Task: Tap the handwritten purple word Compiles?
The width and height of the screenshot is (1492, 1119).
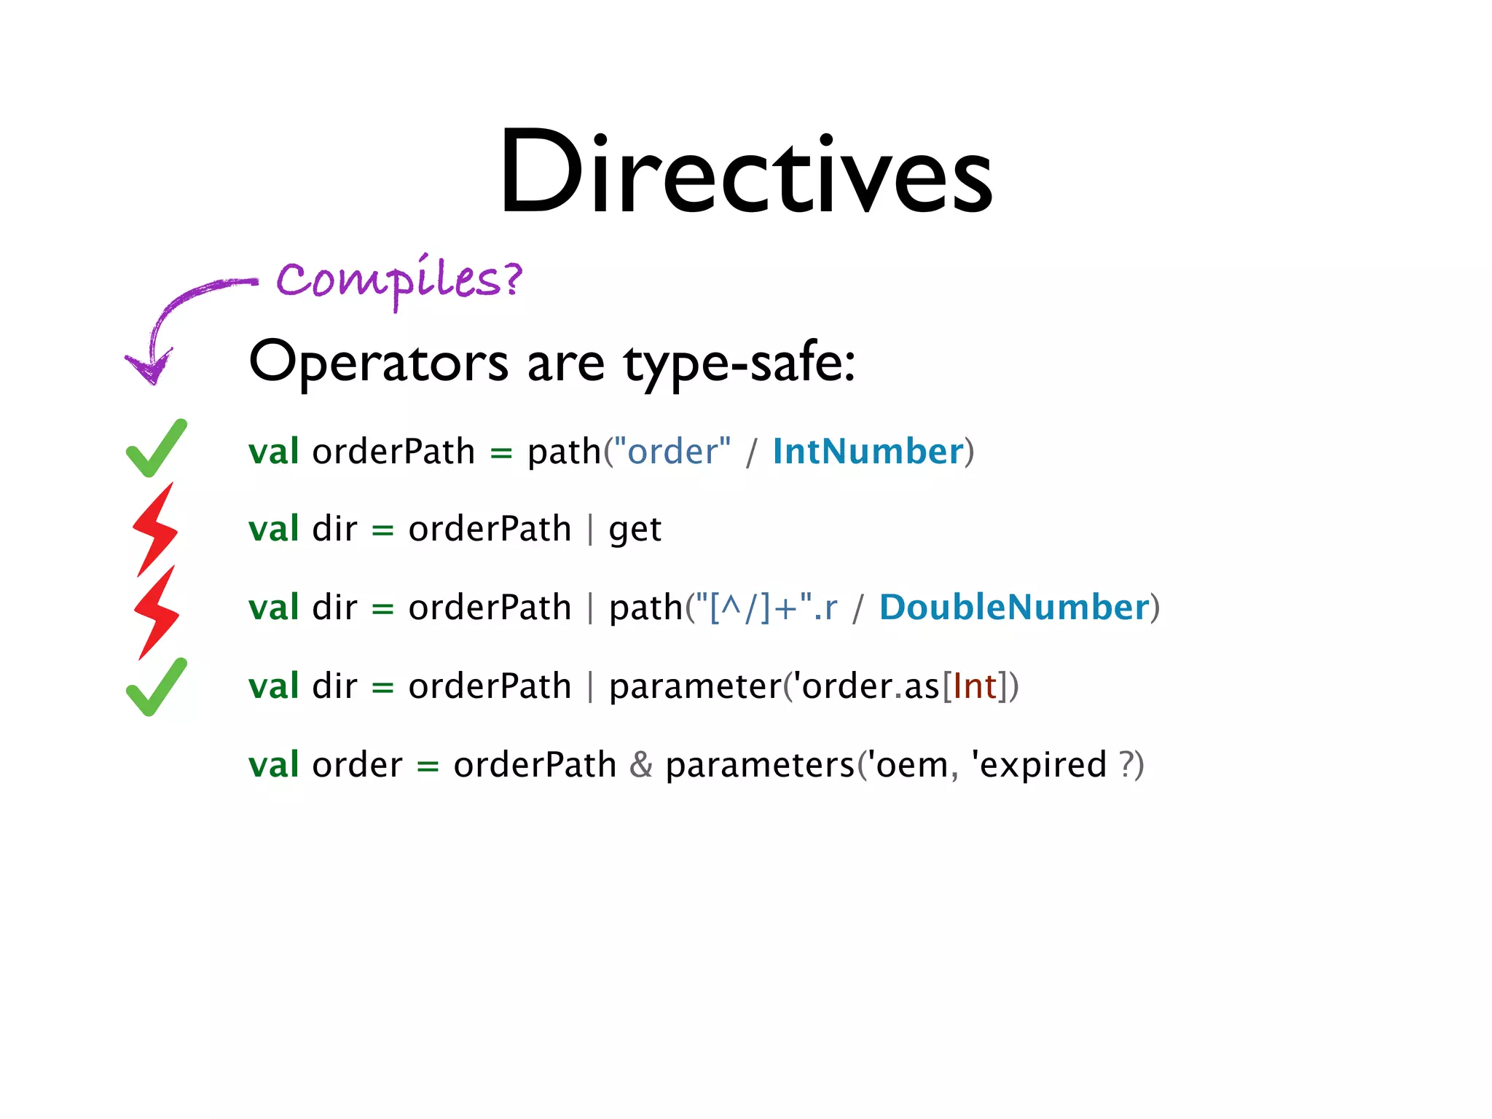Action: click(399, 280)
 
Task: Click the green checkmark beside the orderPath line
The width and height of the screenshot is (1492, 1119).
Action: click(156, 449)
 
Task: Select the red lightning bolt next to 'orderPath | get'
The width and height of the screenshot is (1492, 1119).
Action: click(155, 529)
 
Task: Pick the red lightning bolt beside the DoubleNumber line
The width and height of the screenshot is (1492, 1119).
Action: click(157, 613)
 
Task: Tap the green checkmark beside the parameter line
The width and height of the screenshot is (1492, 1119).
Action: click(156, 688)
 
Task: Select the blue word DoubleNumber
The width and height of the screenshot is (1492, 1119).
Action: click(1014, 608)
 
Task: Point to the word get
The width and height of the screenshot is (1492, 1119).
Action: click(635, 530)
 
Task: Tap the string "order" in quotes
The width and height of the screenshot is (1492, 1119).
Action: click(672, 452)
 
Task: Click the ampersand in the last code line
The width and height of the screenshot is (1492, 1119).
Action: click(641, 765)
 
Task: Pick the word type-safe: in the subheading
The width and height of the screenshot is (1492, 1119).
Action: click(739, 363)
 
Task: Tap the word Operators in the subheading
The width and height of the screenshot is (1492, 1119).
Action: click(379, 363)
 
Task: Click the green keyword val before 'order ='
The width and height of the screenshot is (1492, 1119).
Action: click(273, 766)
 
